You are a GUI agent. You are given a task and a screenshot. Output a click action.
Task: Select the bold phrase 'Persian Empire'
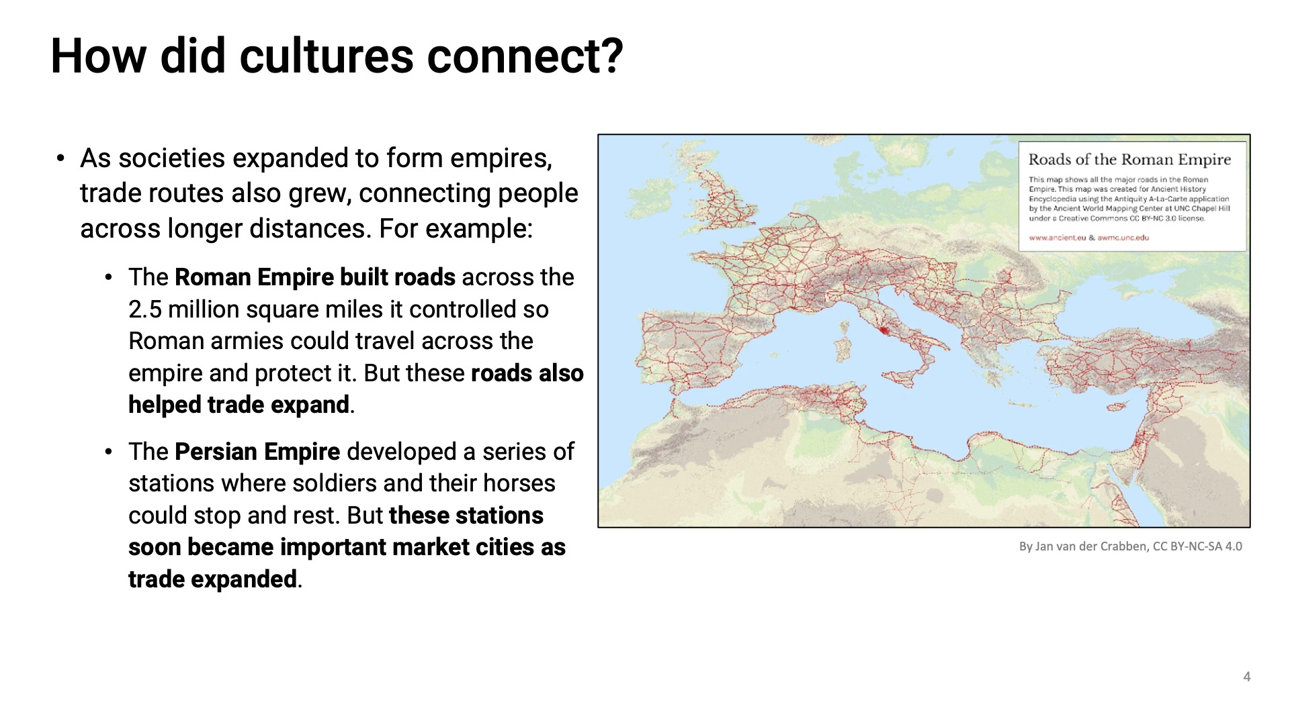257,452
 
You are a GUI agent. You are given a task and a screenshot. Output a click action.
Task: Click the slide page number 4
1246,677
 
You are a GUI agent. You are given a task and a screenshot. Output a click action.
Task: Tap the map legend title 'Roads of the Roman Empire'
1129,160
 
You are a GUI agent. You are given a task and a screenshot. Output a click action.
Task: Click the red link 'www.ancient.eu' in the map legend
1057,238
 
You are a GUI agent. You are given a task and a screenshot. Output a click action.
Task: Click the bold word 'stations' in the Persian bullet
499,516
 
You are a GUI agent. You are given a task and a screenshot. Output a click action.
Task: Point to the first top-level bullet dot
61,158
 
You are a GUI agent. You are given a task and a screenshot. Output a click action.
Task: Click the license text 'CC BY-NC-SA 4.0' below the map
1197,546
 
